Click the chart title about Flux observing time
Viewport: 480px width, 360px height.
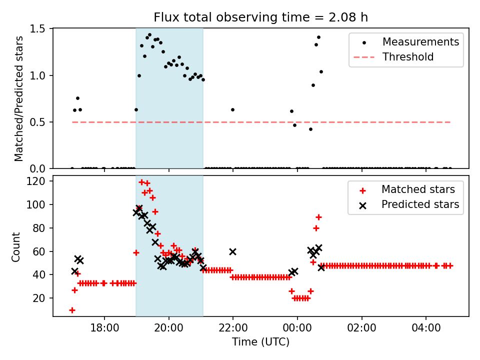tap(260, 17)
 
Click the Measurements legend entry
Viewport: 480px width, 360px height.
tap(420, 42)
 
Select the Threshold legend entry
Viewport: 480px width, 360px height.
tap(408, 57)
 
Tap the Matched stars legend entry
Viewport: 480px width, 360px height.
tap(418, 189)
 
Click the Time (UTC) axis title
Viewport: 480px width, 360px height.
tap(260, 342)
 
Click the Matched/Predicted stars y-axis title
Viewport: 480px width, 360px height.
tap(19, 98)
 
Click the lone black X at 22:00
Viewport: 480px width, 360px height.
tap(232, 251)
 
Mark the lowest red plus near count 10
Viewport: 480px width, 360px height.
tap(72, 310)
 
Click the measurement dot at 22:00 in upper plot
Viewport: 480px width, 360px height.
tap(232, 109)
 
